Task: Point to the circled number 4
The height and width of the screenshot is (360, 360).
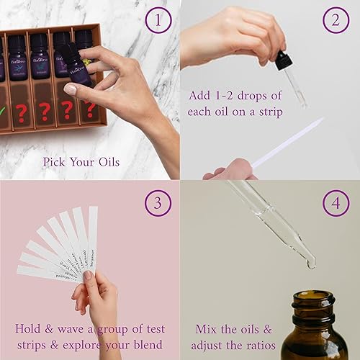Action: [x=335, y=204]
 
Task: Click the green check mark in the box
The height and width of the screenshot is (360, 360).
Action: [x=3, y=112]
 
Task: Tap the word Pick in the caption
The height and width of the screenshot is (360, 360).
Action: [x=55, y=162]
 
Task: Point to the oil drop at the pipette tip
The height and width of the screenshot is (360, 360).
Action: [x=311, y=265]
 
